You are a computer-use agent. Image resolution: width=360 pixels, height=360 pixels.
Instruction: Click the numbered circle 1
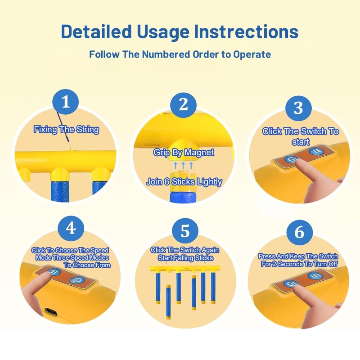pyautogui.click(x=66, y=102)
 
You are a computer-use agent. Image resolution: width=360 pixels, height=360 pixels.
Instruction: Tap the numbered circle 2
pyautogui.click(x=183, y=105)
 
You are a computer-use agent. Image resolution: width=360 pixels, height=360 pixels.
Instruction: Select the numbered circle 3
pyautogui.click(x=298, y=108)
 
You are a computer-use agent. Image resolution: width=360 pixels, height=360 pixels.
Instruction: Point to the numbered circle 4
pyautogui.click(x=71, y=229)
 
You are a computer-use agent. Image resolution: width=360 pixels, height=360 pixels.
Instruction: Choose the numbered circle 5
pyautogui.click(x=185, y=231)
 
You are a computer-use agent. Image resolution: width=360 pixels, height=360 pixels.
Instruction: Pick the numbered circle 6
pyautogui.click(x=300, y=233)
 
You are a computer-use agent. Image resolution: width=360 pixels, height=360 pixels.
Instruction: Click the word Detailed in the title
pyautogui.click(x=96, y=31)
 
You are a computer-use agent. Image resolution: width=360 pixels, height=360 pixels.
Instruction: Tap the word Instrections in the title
pyautogui.click(x=246, y=31)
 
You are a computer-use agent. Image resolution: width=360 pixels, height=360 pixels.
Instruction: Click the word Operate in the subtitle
pyautogui.click(x=252, y=54)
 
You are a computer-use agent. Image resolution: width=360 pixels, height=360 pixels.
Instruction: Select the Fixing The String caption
pyautogui.click(x=66, y=130)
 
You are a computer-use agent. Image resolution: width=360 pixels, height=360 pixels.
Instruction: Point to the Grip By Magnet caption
pyautogui.click(x=184, y=153)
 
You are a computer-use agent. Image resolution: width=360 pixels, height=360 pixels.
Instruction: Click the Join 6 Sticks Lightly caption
pyautogui.click(x=184, y=182)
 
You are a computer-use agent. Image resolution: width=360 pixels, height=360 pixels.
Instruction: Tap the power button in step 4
pyautogui.click(x=77, y=280)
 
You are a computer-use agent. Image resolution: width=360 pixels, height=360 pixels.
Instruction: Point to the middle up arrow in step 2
pyautogui.click(x=183, y=165)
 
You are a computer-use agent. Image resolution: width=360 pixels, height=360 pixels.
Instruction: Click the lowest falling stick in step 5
pyautogui.click(x=168, y=303)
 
